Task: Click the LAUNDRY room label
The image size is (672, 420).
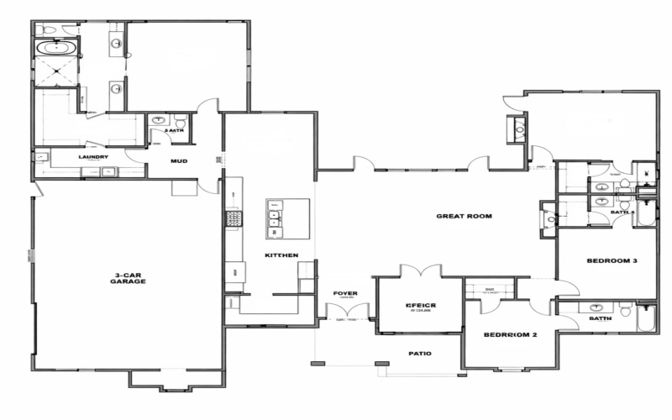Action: pyautogui.click(x=94, y=157)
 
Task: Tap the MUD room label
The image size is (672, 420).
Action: pyautogui.click(x=179, y=160)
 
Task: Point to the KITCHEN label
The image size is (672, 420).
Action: pyautogui.click(x=281, y=255)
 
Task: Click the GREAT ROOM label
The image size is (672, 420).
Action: pyautogui.click(x=464, y=216)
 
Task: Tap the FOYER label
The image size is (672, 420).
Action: pyautogui.click(x=345, y=293)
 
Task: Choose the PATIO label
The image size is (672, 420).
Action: pyautogui.click(x=419, y=354)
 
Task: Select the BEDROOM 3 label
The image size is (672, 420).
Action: pyautogui.click(x=611, y=261)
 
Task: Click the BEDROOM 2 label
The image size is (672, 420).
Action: pyautogui.click(x=510, y=335)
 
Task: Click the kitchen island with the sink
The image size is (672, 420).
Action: pyautogui.click(x=288, y=218)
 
